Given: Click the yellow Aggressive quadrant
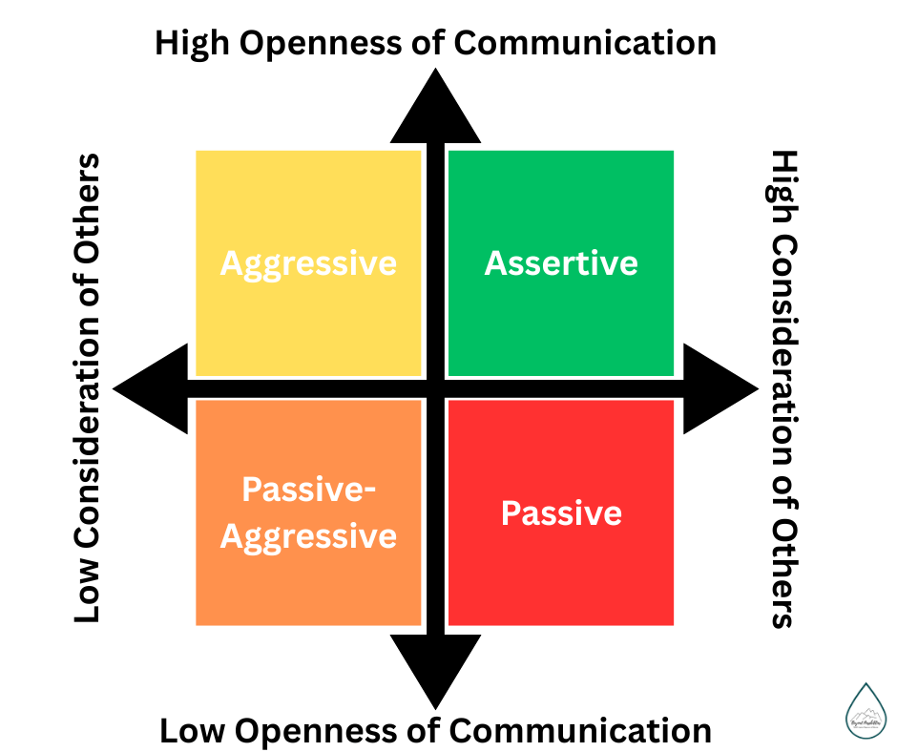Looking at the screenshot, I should (x=308, y=210).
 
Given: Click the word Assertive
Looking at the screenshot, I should (x=560, y=263).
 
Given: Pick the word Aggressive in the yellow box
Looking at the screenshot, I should (x=308, y=263).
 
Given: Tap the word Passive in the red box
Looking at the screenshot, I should (x=561, y=513).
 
